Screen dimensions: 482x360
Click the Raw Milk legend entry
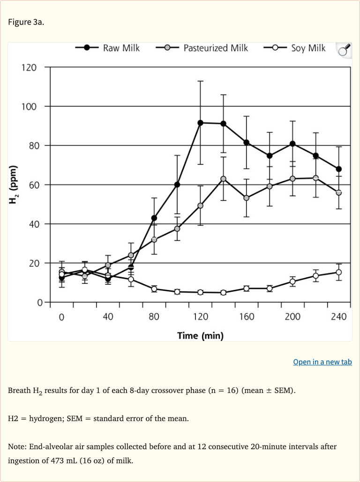(x=108, y=48)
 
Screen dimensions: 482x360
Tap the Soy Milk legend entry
(x=295, y=48)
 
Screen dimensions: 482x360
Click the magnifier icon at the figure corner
(x=344, y=50)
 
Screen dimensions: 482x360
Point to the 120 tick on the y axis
(x=28, y=67)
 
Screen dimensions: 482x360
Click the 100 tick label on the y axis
(x=28, y=107)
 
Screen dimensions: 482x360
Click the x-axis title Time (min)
(x=200, y=335)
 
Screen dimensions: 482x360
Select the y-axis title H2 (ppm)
(x=14, y=185)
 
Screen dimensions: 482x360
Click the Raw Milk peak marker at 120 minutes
(x=201, y=123)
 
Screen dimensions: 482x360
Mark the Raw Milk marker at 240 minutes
(x=339, y=169)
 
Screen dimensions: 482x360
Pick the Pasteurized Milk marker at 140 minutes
(x=224, y=179)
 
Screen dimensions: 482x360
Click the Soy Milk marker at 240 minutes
(x=339, y=272)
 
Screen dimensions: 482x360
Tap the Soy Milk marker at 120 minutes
(x=201, y=292)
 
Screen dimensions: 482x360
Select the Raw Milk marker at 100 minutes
(x=177, y=185)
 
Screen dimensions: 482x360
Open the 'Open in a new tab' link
(x=322, y=362)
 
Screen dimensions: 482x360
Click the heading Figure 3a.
(x=26, y=22)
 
